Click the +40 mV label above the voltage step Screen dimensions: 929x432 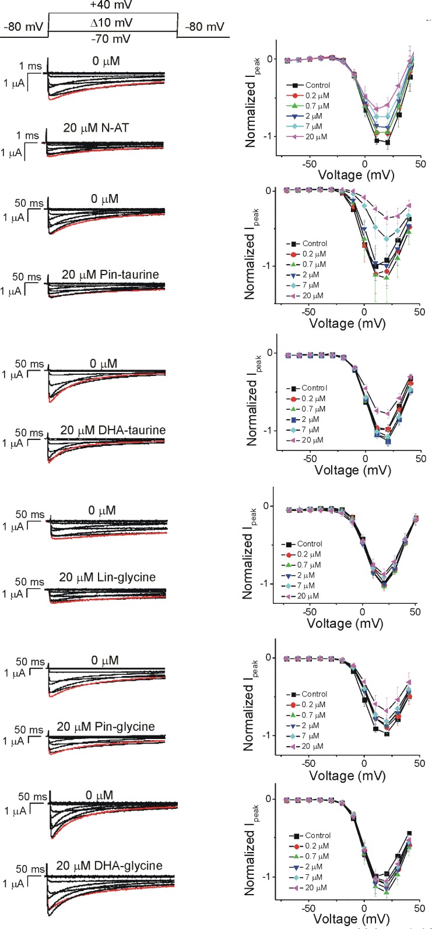coord(111,5)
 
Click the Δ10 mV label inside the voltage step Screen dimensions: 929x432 coord(111,23)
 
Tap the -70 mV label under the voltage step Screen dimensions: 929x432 coord(111,39)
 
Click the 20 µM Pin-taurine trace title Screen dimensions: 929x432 coord(110,275)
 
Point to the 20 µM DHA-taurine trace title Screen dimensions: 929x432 coord(113,430)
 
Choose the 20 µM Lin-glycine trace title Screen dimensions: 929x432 coord(107,577)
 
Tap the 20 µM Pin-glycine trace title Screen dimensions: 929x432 coord(106,727)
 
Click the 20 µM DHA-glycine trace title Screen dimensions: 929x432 coord(109,865)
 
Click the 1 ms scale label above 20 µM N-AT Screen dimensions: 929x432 coord(27,136)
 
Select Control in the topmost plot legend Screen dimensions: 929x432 coord(317,85)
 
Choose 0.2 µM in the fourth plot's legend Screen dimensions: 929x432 coord(309,554)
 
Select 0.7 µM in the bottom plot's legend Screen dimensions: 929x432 coord(317,856)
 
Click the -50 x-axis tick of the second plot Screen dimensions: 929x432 coord(309,312)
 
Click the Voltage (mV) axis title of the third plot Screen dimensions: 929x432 coord(353,470)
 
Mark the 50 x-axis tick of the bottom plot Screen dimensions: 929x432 coord(420,909)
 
